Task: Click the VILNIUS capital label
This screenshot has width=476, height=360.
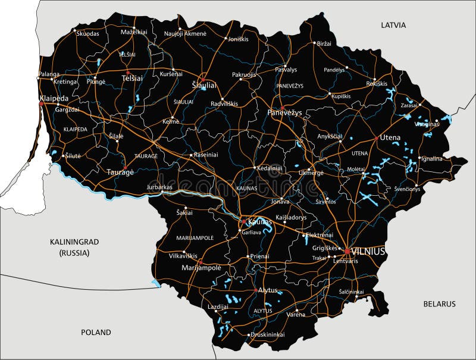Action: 368,252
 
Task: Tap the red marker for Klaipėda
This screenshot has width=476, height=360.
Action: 41,104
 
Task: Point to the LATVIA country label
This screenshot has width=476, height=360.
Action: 393,25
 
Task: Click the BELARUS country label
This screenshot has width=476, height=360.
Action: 439,303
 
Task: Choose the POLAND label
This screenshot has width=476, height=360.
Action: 96,332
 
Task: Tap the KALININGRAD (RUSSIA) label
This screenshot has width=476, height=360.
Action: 74,247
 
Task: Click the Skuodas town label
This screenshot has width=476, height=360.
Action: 87,34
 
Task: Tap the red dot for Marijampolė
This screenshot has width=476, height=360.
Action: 201,261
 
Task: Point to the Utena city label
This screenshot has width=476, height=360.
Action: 390,137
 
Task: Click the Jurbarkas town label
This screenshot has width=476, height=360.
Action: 159,187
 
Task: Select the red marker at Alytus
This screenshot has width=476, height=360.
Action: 256,290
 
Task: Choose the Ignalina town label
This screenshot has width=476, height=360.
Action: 431,159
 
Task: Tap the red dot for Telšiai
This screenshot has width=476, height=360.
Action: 128,73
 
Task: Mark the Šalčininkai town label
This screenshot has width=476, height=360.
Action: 351,292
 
